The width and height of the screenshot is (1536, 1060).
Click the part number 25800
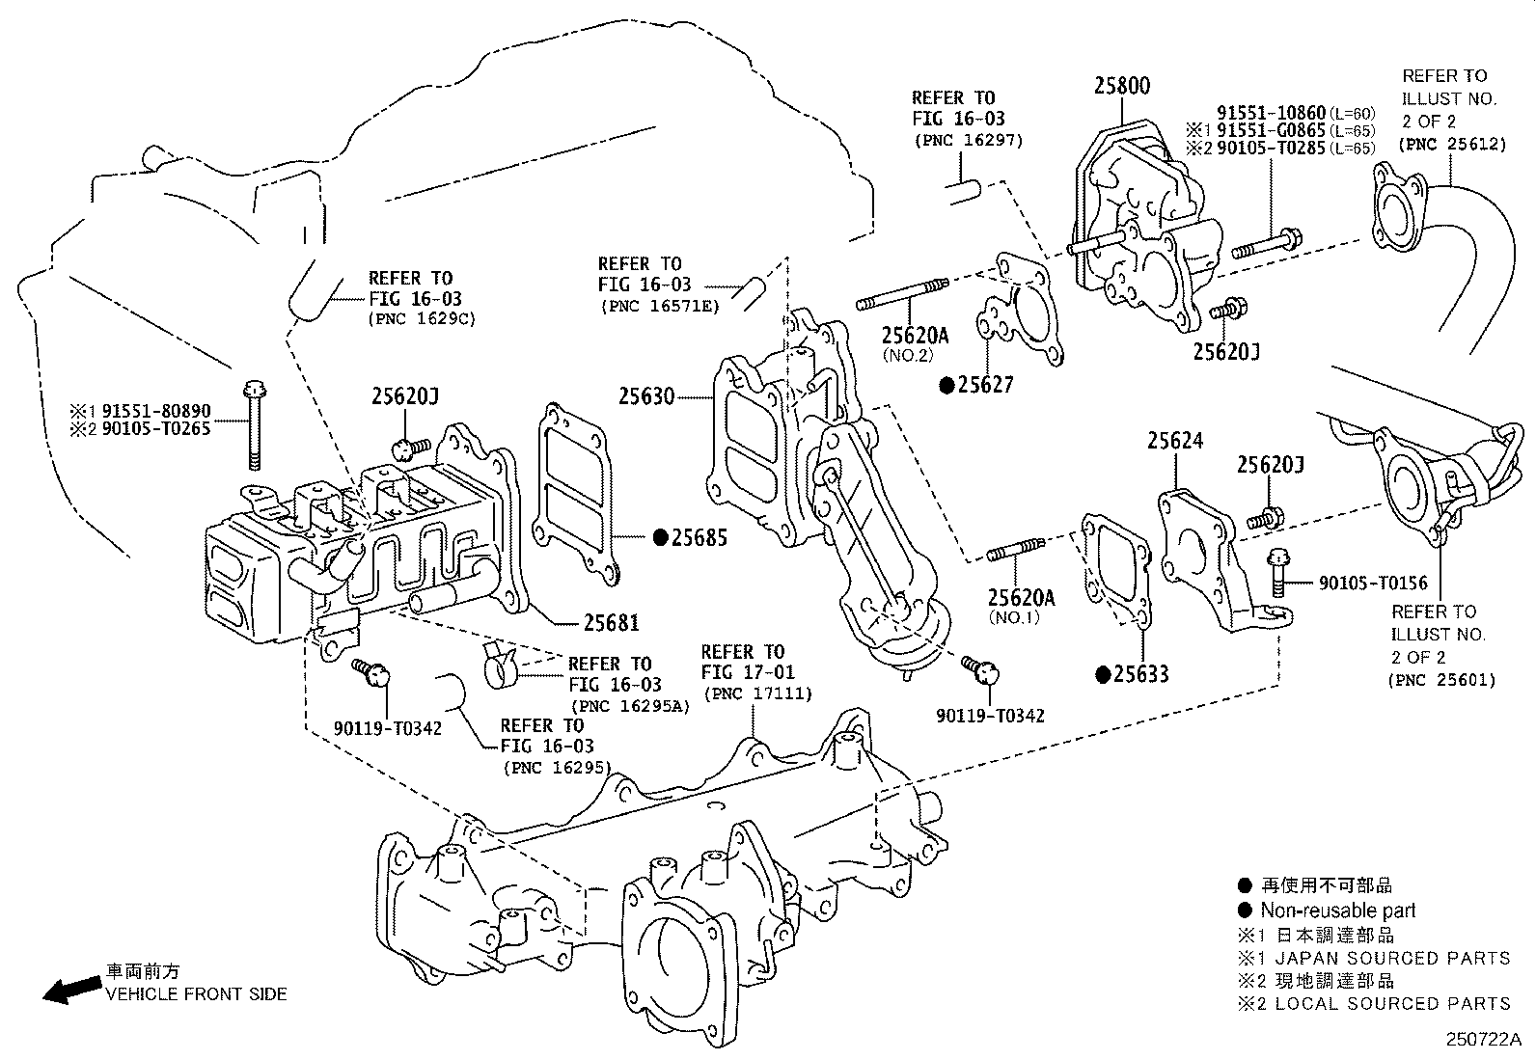point(1121,86)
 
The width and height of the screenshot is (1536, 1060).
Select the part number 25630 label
point(646,395)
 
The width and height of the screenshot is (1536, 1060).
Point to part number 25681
point(611,623)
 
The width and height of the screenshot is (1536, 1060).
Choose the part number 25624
point(1174,442)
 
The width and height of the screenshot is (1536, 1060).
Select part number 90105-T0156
point(1373,583)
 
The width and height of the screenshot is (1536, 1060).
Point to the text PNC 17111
point(758,693)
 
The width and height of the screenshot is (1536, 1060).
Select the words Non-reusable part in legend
point(1337,911)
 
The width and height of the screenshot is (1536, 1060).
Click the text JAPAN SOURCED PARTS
point(1392,958)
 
